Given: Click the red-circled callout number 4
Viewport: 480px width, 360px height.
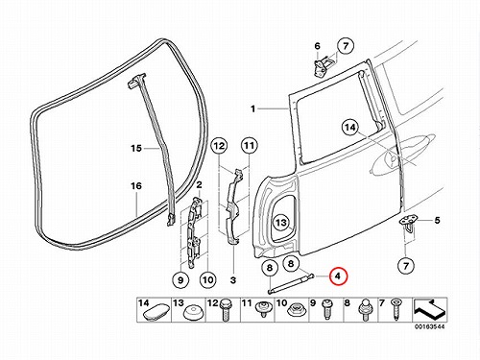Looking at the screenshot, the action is pos(339,276).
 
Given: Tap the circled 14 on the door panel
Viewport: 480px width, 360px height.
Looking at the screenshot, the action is pos(349,128).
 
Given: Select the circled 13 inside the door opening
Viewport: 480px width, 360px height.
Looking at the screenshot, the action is pos(281,222).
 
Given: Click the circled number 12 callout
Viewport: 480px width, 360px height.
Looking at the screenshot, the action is pos(219,146).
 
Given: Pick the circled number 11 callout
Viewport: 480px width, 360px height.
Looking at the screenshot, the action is pos(250,146).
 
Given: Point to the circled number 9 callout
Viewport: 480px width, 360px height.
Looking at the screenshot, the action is pos(180,280).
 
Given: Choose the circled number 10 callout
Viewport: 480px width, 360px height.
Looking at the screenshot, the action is pos(208,280).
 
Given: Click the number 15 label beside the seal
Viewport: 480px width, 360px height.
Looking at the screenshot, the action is pos(135,149).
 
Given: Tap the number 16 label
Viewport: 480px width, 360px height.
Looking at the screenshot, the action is pos(136,185).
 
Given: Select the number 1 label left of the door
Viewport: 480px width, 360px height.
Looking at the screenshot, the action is pos(252,109).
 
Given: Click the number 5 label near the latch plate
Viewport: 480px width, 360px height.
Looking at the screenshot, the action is pos(437,220).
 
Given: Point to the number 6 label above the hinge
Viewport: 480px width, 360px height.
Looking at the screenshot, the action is pos(317,46).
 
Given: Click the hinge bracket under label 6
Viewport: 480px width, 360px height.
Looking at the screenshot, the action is pos(322,66).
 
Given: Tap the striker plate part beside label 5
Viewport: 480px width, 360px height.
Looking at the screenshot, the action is pos(409,224).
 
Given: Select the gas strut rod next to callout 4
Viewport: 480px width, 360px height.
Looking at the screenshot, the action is pos(291,282).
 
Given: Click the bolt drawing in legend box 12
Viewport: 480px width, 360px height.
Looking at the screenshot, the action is pos(226,310).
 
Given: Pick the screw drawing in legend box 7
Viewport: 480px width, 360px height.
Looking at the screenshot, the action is pos(396,309).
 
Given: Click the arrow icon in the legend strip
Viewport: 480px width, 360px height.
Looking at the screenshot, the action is pos(429,309).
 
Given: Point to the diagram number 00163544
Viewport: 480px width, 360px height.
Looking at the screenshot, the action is pos(430,326).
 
